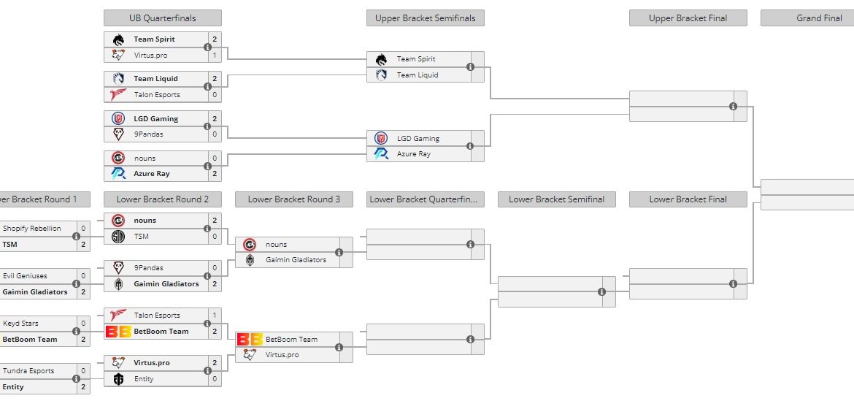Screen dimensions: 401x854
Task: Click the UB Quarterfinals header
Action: click(x=162, y=18)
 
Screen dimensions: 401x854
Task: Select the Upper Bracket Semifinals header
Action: click(x=425, y=18)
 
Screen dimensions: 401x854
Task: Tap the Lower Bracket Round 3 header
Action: click(x=293, y=199)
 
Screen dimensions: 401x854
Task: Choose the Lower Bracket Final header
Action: click(x=688, y=199)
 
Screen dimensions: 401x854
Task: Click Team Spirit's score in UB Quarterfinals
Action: click(x=215, y=39)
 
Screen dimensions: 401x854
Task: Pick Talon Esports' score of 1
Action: click(x=215, y=316)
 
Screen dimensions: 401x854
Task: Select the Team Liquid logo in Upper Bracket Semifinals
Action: click(x=381, y=75)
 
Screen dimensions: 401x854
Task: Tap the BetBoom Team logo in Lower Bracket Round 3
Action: click(x=250, y=340)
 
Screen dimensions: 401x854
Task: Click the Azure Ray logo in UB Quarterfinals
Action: click(x=118, y=174)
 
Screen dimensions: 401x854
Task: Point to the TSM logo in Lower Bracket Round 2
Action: click(x=118, y=237)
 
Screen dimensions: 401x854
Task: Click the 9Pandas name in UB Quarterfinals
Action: click(x=149, y=134)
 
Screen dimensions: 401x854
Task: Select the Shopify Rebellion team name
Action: click(x=32, y=229)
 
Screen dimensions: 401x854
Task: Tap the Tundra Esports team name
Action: click(x=28, y=371)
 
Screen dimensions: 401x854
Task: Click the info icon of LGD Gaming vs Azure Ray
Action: click(x=470, y=146)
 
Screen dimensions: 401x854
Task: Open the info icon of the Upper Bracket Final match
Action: click(x=733, y=107)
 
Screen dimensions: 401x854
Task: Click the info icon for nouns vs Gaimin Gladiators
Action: click(x=339, y=253)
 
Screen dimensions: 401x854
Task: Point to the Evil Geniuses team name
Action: click(x=25, y=276)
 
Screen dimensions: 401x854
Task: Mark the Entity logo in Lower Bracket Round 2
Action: click(x=118, y=379)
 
